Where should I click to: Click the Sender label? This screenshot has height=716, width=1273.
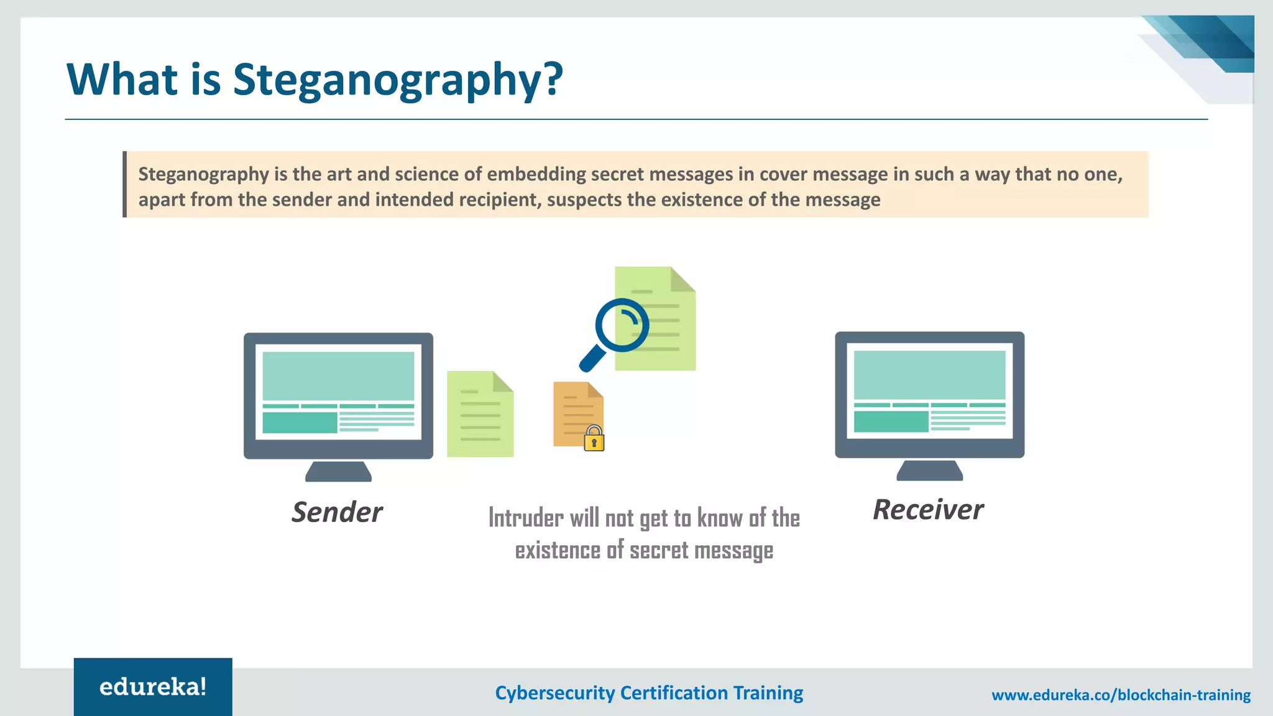click(x=337, y=512)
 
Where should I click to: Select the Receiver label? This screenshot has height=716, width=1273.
click(x=928, y=510)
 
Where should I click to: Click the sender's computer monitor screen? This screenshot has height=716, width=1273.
click(x=338, y=392)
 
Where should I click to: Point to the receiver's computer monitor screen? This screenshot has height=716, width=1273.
click(x=929, y=391)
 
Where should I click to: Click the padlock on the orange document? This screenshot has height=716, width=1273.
click(x=594, y=439)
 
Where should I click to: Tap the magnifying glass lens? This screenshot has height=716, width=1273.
click(x=622, y=325)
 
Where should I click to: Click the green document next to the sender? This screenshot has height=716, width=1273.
click(x=480, y=415)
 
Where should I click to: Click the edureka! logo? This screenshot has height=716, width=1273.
click(x=153, y=687)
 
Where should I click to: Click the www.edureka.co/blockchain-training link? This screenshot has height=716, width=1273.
click(x=1121, y=695)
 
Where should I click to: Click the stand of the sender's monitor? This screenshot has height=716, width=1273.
click(x=338, y=472)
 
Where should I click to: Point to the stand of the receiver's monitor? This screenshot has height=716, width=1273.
click(x=929, y=470)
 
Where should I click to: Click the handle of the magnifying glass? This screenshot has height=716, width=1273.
click(x=592, y=359)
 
